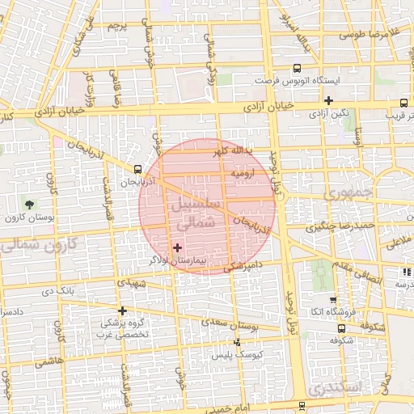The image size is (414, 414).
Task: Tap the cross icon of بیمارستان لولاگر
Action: point(178,247)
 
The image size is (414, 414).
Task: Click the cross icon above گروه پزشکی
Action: point(122,310)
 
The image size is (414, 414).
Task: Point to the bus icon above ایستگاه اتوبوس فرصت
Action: point(297,69)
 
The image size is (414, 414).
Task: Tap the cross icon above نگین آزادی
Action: point(328,100)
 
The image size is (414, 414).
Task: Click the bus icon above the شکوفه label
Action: point(341,329)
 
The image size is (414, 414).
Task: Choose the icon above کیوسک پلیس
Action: point(237,343)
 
